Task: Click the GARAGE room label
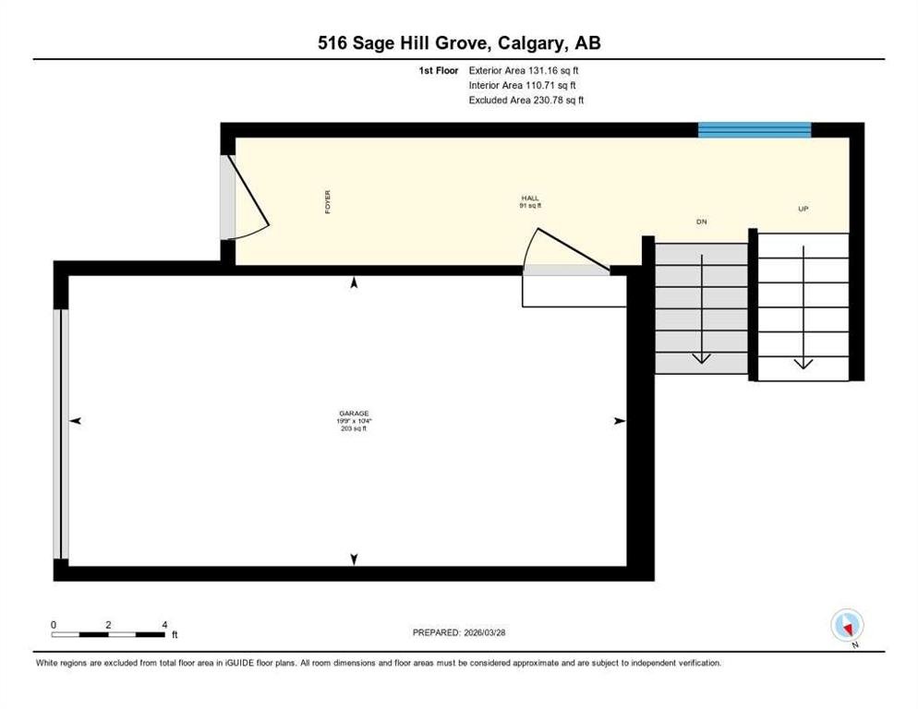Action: (x=354, y=414)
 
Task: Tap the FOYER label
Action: (x=327, y=201)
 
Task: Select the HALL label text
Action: (x=530, y=198)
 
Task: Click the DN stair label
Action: (x=701, y=222)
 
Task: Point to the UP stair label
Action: (x=803, y=209)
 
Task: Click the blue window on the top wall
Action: (x=755, y=130)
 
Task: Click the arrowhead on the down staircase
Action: (x=701, y=358)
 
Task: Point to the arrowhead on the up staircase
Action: (x=803, y=364)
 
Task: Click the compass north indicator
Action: (x=847, y=625)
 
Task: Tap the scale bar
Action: (x=108, y=634)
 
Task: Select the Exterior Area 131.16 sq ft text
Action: (x=524, y=70)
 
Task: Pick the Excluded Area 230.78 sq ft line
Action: (x=526, y=100)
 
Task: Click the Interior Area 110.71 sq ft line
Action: (x=522, y=86)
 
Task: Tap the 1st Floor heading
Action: (x=439, y=70)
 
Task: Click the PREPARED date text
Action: (x=459, y=633)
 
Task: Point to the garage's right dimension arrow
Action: (x=620, y=421)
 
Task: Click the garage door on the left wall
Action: (x=61, y=434)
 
